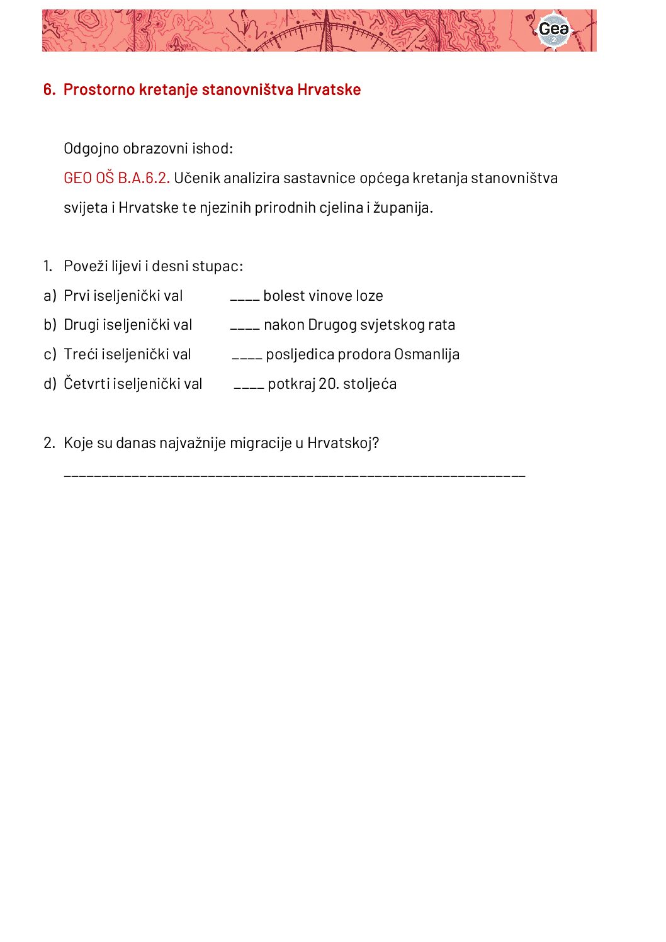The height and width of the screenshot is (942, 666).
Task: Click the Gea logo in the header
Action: [x=553, y=30]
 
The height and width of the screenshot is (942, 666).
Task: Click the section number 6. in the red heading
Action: [x=49, y=90]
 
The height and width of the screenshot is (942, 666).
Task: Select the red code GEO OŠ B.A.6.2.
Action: [x=116, y=178]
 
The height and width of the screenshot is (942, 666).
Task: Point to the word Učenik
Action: [x=197, y=178]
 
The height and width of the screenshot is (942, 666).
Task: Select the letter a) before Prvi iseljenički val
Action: [x=50, y=296]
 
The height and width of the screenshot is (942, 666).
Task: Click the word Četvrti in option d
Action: [x=86, y=384]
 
